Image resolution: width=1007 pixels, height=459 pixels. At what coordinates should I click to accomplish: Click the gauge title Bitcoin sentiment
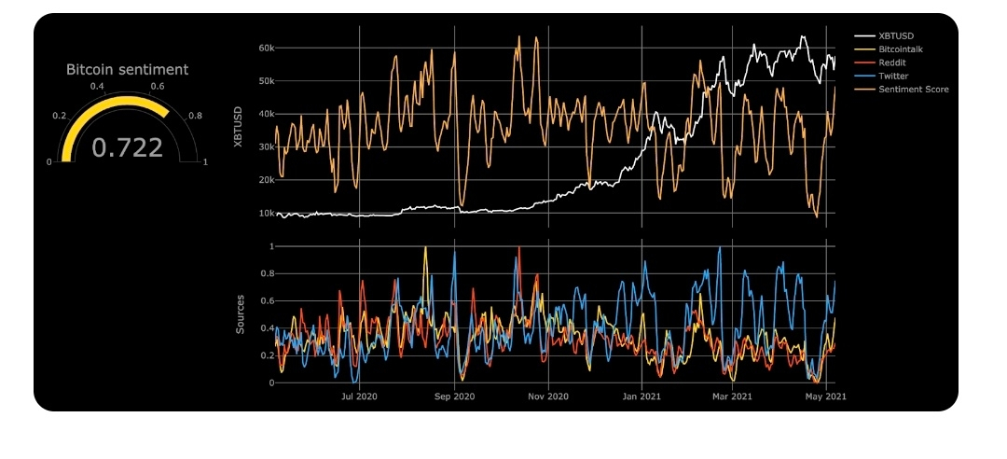(127, 69)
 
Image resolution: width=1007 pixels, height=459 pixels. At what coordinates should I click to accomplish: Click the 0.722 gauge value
(127, 146)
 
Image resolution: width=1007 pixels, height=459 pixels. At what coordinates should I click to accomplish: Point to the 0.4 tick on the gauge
(97, 86)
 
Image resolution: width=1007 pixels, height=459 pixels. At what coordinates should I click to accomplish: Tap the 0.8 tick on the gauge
(194, 116)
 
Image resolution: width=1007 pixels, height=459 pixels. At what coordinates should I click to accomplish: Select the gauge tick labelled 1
(205, 161)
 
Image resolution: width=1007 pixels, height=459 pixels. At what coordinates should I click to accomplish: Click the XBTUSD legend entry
(896, 36)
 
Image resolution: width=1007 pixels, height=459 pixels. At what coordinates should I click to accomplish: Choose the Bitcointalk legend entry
(901, 49)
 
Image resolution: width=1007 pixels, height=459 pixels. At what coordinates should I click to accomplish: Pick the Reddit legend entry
(892, 63)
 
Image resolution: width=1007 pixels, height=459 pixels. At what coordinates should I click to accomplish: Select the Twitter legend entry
(893, 76)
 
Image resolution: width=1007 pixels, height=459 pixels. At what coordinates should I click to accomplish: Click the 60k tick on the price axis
(266, 48)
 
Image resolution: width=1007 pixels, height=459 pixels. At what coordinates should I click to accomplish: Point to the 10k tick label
(266, 213)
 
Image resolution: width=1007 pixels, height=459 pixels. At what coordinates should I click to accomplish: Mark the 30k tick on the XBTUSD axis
(266, 146)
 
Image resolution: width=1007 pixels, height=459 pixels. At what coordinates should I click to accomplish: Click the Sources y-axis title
(240, 314)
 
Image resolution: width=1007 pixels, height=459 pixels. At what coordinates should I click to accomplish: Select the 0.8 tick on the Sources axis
(268, 274)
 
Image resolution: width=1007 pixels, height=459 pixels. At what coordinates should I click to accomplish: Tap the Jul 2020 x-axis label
(360, 396)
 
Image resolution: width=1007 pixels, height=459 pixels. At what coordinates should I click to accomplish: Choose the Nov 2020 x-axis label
(547, 396)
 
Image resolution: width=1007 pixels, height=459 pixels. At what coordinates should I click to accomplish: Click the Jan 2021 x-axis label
(641, 396)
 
